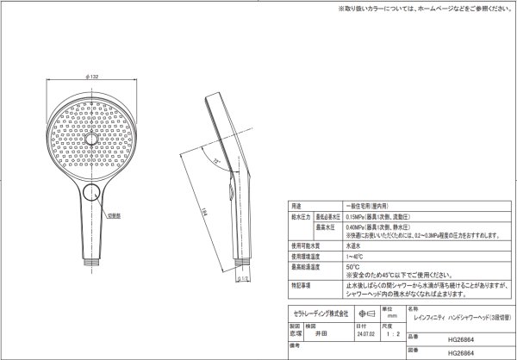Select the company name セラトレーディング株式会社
point(318,311)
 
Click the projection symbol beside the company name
point(364,311)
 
